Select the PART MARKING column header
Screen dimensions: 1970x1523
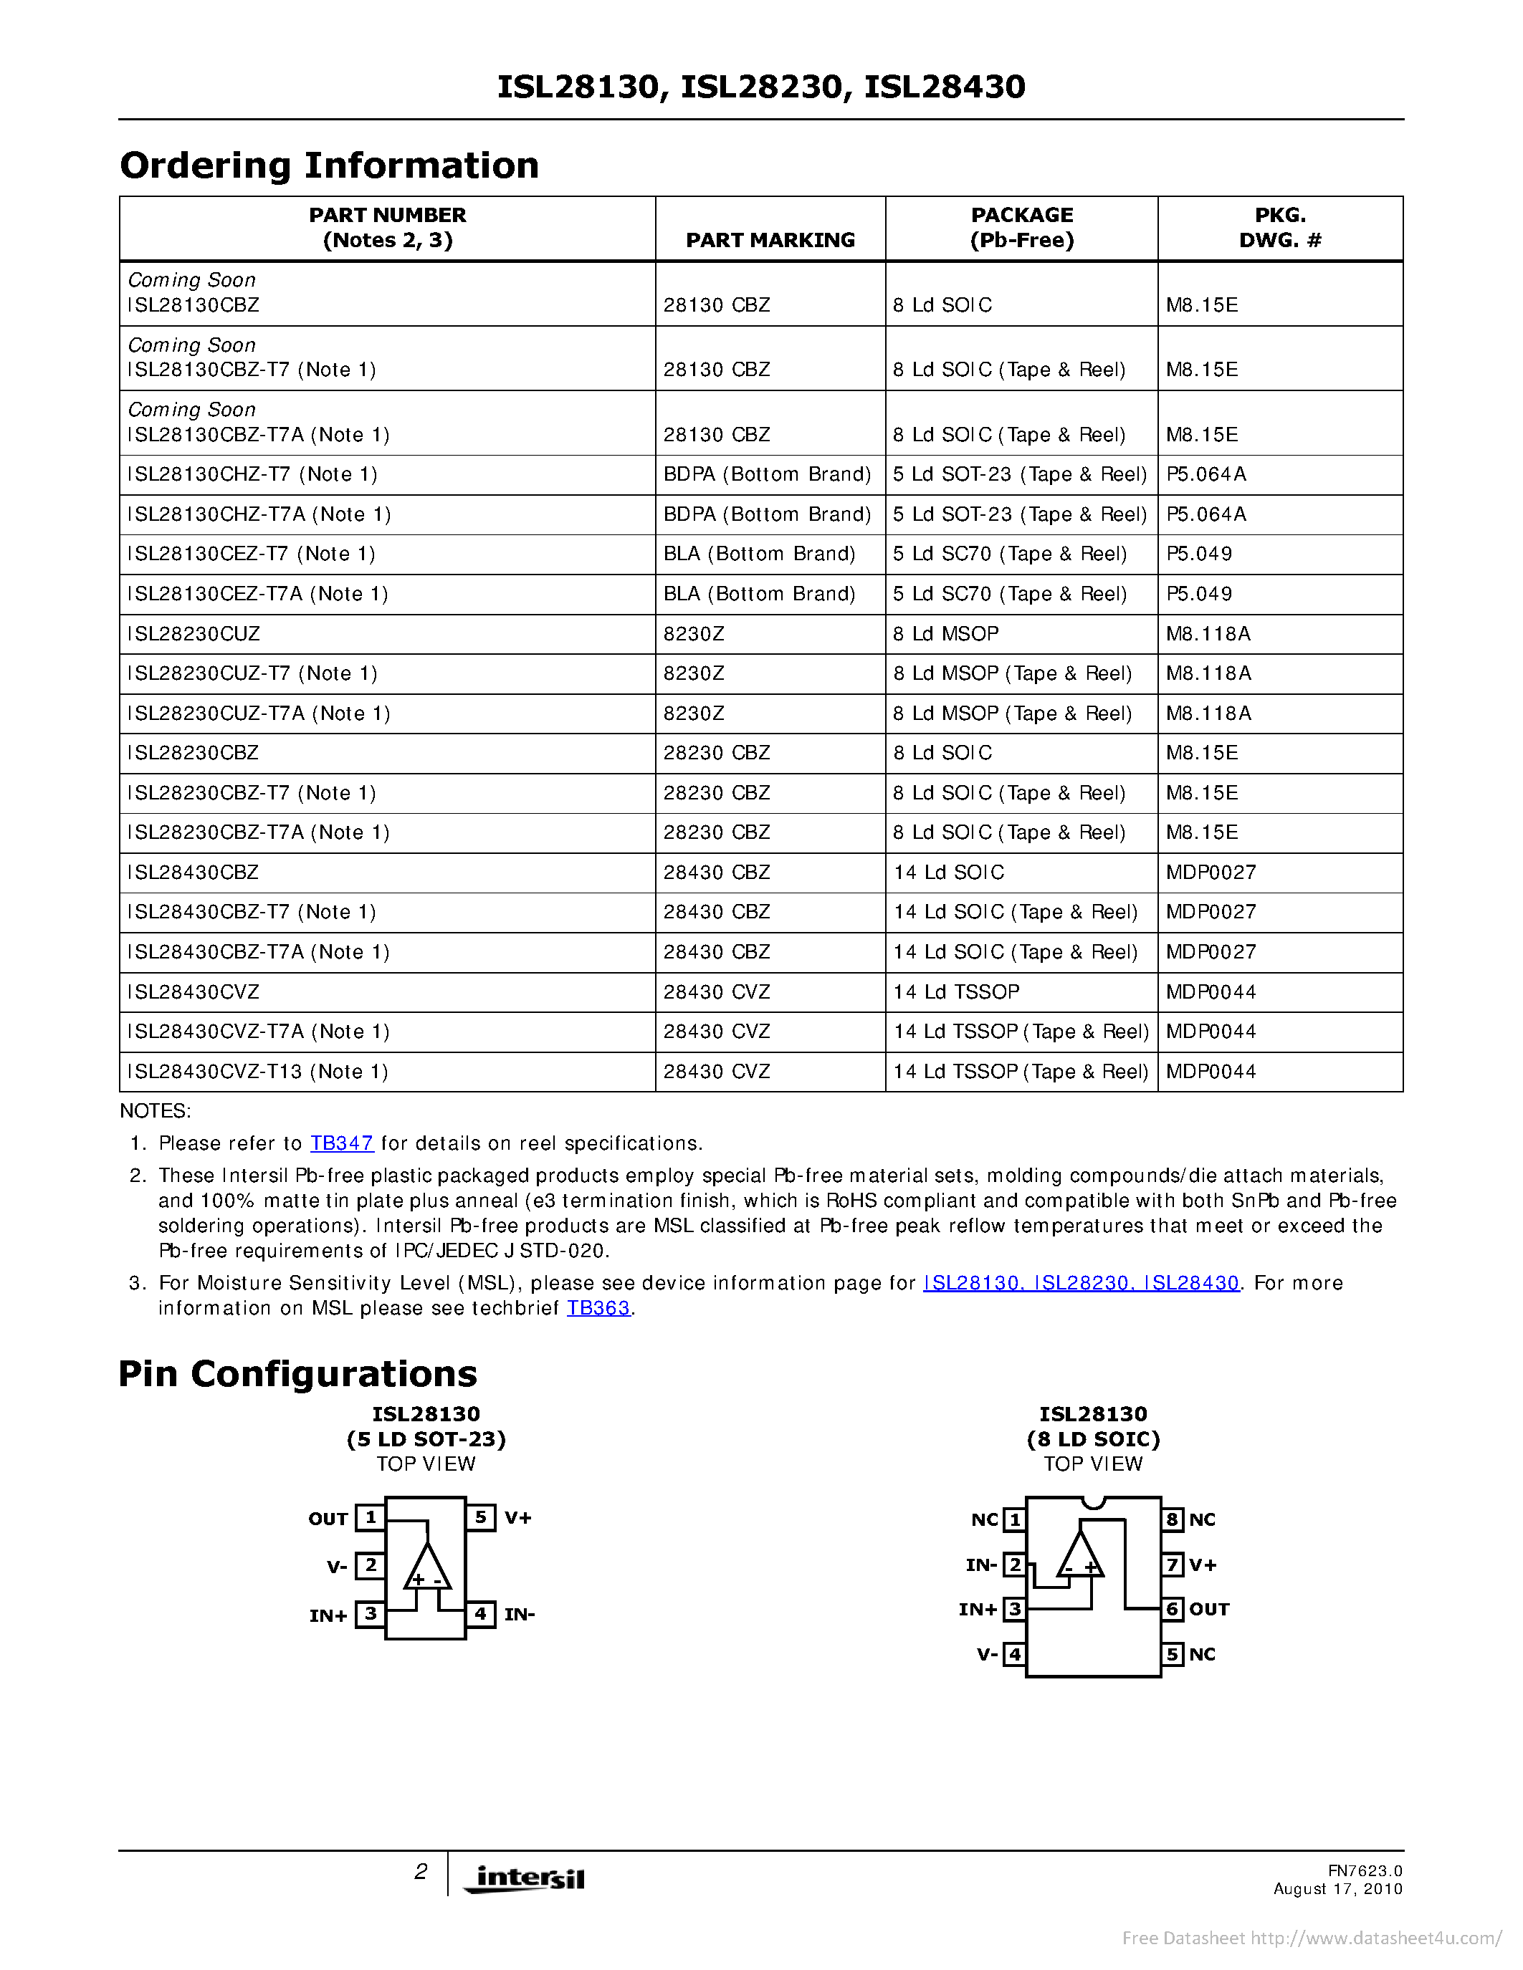click(770, 240)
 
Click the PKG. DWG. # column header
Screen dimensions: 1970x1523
click(1279, 227)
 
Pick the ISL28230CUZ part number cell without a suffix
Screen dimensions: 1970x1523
click(194, 634)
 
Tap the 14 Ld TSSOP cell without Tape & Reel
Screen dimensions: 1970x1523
click(956, 992)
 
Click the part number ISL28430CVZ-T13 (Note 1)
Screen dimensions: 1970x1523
click(258, 1072)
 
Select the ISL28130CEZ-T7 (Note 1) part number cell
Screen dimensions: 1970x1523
click(252, 554)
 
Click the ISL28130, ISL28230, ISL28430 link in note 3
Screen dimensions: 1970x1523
click(1081, 1283)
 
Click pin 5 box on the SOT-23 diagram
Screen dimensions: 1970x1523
click(481, 1517)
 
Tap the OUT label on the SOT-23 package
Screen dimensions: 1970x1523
click(328, 1519)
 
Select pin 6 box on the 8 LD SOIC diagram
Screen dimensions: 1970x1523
click(1172, 1609)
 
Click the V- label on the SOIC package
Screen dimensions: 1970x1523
click(987, 1654)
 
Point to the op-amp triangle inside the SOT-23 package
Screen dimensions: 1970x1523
click(426, 1567)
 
